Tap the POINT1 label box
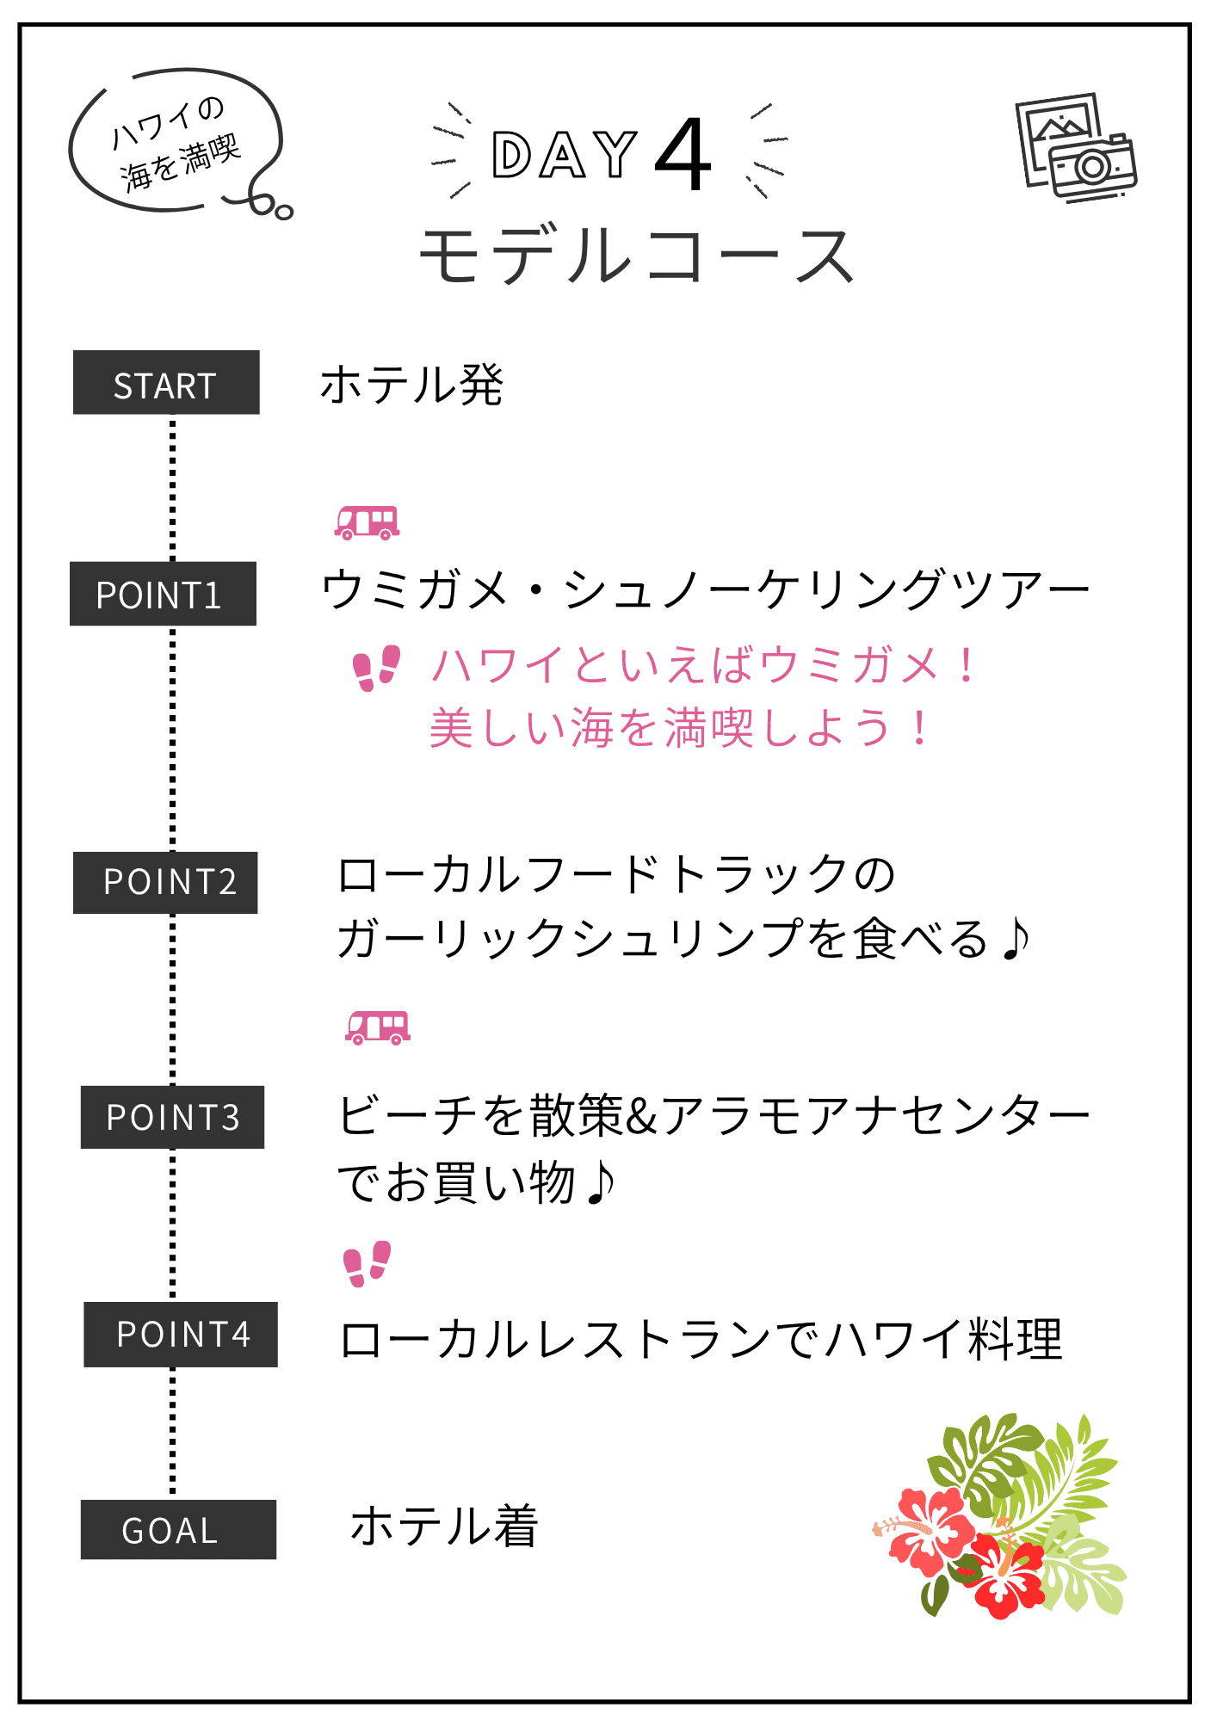(x=163, y=594)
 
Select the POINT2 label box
(x=165, y=882)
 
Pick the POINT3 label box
(x=172, y=1117)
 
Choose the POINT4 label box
(x=181, y=1334)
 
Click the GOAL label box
(x=178, y=1529)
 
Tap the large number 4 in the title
(x=683, y=156)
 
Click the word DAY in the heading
(x=564, y=156)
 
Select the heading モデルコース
(x=636, y=256)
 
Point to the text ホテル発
(x=411, y=385)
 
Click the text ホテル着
(x=444, y=1526)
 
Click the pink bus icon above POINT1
(x=367, y=522)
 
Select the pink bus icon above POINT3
(x=378, y=1027)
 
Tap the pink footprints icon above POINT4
(x=367, y=1263)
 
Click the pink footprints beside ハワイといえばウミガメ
(x=377, y=668)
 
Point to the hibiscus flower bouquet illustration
(x=1001, y=1516)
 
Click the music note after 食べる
(x=1016, y=938)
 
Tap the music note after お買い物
(x=600, y=1182)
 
